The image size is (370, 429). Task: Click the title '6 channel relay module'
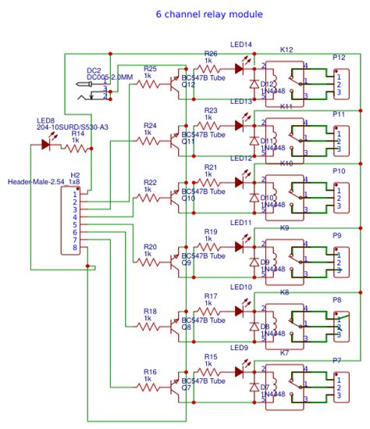[208, 15]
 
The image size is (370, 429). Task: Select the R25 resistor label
[150, 69]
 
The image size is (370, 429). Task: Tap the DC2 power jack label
[94, 70]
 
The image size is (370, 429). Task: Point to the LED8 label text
[45, 121]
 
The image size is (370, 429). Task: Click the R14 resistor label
[78, 134]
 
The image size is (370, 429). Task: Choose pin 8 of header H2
[75, 248]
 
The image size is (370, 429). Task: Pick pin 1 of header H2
[75, 195]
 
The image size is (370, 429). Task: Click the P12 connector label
[339, 58]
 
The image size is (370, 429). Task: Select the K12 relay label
[286, 49]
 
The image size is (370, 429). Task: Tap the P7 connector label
[337, 360]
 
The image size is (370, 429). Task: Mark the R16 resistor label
[150, 372]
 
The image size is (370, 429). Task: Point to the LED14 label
[241, 45]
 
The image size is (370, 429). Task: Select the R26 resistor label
[211, 53]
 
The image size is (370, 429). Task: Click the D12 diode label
[266, 84]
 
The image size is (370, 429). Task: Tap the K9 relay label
[285, 227]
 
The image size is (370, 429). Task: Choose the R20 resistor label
[150, 246]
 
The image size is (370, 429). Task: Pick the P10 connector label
[339, 170]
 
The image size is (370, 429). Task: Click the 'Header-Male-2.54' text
[34, 181]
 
